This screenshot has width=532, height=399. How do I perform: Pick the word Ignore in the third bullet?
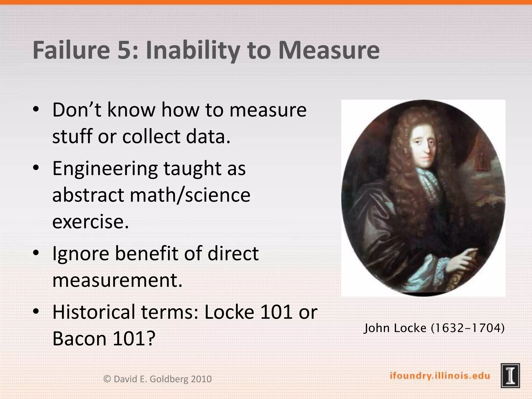(81, 254)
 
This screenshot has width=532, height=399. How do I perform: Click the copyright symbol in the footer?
(107, 379)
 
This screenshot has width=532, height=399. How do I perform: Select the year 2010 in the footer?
(201, 379)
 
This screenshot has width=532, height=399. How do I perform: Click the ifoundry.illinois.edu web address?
(440, 376)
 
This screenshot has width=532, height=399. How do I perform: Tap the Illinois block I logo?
(510, 376)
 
